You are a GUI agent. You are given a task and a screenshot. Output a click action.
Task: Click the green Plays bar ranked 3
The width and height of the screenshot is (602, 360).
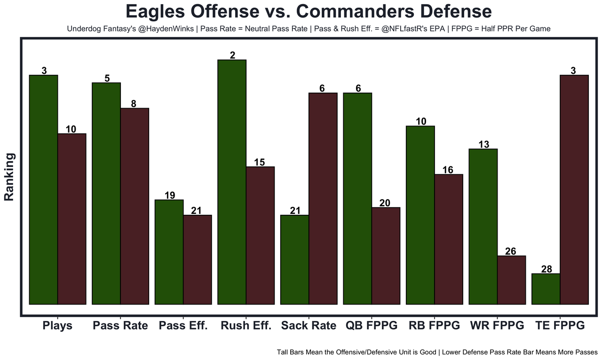coord(43,189)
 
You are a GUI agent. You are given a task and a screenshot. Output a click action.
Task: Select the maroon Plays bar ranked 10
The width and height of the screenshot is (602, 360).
coord(72,219)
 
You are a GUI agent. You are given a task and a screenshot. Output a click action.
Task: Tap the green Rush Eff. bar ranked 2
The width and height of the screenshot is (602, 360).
coord(232,182)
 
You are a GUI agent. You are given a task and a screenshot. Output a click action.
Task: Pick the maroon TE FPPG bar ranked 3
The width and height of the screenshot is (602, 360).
coord(574,189)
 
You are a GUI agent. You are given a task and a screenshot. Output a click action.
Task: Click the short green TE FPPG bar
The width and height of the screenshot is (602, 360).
coord(546,289)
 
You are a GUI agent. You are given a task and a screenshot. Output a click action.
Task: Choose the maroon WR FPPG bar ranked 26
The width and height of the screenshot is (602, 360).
coord(511,280)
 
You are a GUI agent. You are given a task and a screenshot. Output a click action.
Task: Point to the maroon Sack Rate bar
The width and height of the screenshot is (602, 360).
coord(323,198)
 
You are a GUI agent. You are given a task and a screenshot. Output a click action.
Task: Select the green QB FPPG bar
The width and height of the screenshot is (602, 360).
coord(357,198)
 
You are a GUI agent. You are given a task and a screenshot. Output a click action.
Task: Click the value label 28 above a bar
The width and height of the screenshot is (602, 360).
coord(546,269)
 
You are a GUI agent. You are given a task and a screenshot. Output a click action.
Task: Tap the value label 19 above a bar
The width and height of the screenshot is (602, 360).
coord(169,196)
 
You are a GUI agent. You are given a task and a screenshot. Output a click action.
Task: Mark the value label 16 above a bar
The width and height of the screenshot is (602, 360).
coord(448,170)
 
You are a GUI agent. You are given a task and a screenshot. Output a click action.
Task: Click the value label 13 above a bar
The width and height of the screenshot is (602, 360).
coord(483,145)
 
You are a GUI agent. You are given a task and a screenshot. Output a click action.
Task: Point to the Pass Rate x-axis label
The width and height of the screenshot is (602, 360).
coord(120,326)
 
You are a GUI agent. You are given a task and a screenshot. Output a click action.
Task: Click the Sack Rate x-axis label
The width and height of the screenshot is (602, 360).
coord(309,326)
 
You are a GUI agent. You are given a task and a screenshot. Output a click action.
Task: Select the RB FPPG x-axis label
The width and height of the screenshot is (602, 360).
coord(434,326)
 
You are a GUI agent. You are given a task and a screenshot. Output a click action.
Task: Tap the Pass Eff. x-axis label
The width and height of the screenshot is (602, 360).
coord(183,326)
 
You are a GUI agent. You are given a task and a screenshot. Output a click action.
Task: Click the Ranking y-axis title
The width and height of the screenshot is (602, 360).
coord(9,177)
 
